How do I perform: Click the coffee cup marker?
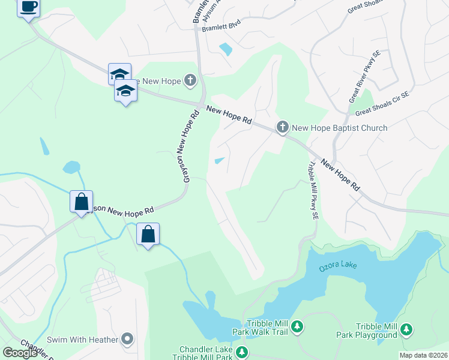coord(29,7)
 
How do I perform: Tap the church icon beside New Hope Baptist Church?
coord(283,127)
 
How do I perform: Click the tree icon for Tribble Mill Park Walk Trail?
coord(297,328)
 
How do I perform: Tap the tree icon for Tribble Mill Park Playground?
coord(407,329)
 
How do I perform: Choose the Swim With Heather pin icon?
coord(127,340)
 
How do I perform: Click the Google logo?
coord(20,353)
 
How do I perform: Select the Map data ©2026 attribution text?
coord(423,355)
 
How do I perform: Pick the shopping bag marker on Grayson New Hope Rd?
coord(81,202)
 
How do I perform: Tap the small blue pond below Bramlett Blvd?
coord(226,49)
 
